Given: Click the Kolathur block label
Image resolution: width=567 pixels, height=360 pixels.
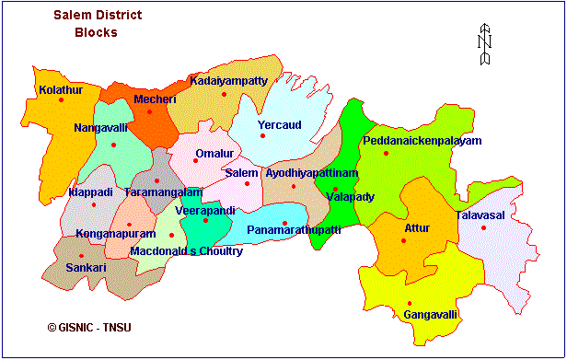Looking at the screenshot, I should pos(61,89).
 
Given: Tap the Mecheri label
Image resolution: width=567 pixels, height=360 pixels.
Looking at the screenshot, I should pos(153,99).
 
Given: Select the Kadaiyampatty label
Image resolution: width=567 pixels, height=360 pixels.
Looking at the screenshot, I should pos(228,81).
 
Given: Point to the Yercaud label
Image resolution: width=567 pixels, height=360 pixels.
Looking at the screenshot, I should pos(279,124).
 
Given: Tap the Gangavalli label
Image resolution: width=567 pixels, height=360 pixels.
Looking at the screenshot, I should pos(430,315).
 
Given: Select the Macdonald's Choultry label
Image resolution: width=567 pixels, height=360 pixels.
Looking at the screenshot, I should pos(187,250).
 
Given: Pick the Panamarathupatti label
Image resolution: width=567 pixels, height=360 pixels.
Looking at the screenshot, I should pos(295,229).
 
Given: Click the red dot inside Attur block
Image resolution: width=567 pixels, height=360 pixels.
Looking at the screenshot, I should pos(403,241).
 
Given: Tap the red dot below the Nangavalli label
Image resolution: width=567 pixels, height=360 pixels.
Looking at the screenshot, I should pos(113,145).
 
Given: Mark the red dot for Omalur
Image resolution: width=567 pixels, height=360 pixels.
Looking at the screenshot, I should pos(195,161).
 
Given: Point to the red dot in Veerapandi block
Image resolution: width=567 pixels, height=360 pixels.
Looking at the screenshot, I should pos(204,220).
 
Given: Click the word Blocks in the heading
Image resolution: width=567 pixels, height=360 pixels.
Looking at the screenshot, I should pos(96,33).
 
